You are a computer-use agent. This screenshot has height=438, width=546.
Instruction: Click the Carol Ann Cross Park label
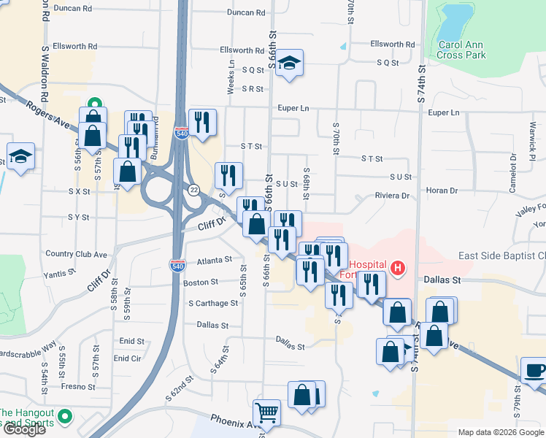tap(462, 49)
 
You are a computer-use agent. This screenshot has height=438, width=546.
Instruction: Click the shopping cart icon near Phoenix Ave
tap(266, 413)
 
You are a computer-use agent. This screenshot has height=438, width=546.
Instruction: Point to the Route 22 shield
tap(193, 190)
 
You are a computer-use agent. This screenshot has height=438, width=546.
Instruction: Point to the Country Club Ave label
tap(76, 254)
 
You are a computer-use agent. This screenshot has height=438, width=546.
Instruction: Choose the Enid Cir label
tap(127, 358)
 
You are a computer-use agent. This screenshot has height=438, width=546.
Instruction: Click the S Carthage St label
tap(213, 303)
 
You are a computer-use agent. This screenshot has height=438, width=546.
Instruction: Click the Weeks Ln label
tap(231, 77)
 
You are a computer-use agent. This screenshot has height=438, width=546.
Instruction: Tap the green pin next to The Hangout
tap(64, 417)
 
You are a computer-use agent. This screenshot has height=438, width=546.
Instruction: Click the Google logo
tap(24, 429)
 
